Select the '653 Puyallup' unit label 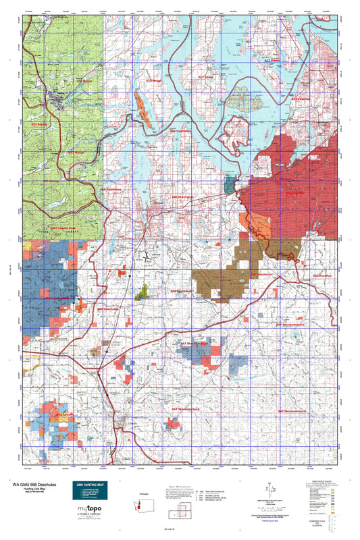[x=301, y=98]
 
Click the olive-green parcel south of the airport [x=142, y=292]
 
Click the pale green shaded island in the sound [x=240, y=103]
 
